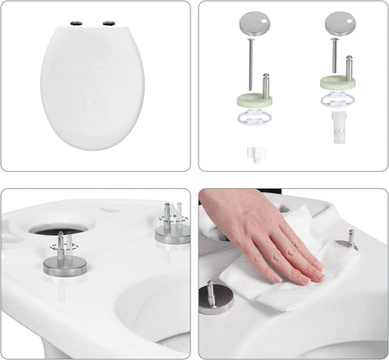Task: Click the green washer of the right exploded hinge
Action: coord(338,83)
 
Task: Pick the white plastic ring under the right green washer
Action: coord(338,101)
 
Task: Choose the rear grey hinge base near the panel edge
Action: coord(173,231)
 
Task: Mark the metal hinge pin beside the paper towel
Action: coord(351,238)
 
